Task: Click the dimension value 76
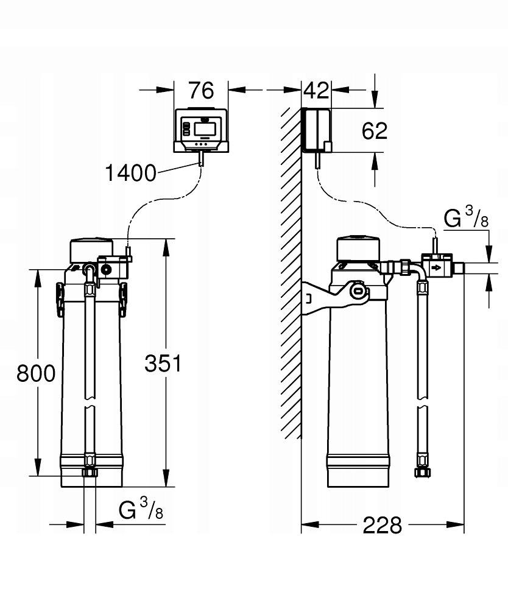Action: [x=201, y=90]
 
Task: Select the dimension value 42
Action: [x=316, y=90]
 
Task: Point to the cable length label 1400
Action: [x=130, y=173]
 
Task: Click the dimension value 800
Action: [x=35, y=372]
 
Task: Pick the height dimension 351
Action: [x=163, y=364]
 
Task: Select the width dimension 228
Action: [x=383, y=524]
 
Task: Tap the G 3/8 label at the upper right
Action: [x=466, y=219]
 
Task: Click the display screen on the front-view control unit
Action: [x=203, y=128]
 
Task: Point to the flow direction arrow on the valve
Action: [x=436, y=267]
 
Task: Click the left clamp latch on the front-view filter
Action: [x=60, y=298]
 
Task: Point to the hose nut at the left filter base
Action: [x=90, y=473]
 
